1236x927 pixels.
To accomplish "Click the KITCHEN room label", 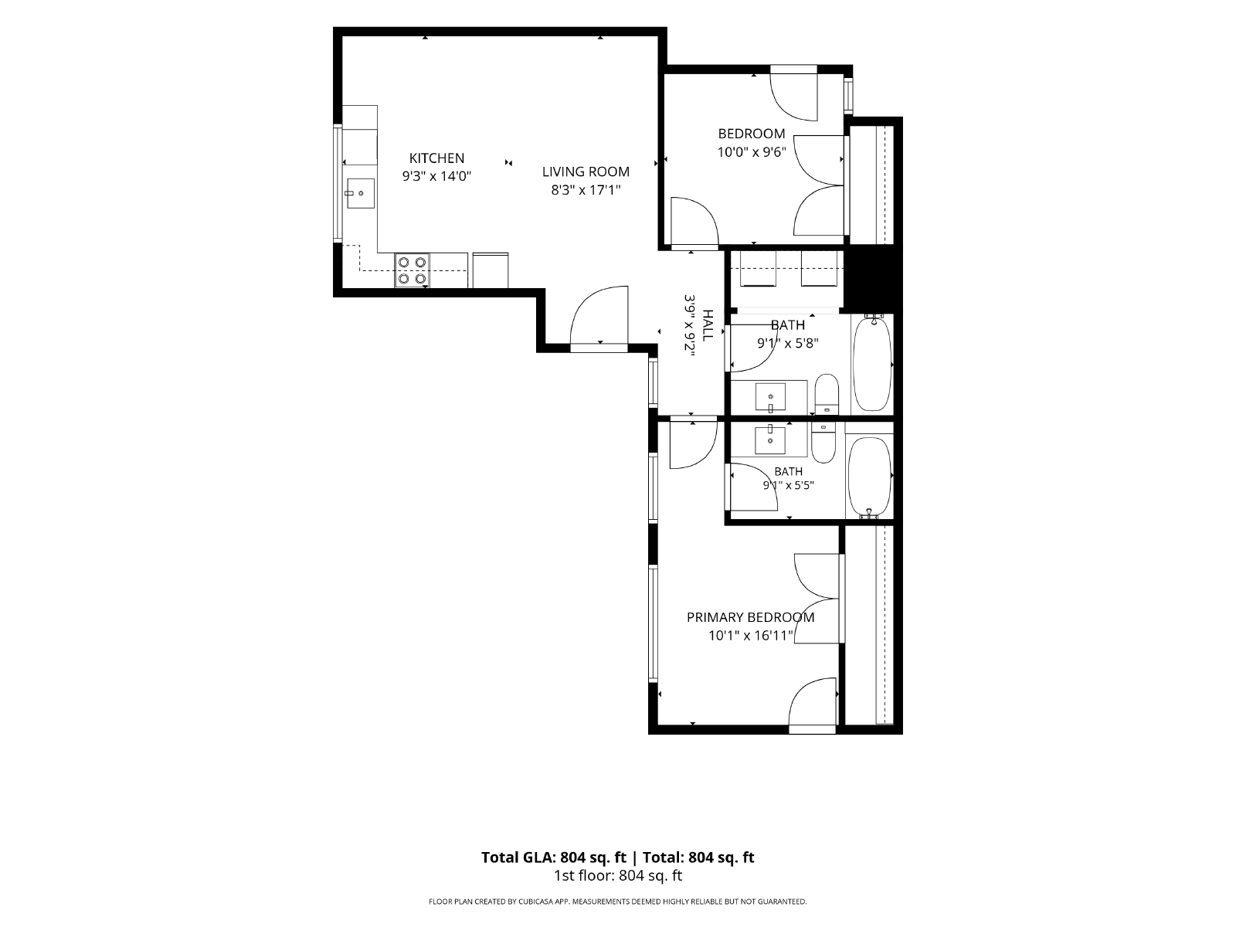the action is coord(436,158).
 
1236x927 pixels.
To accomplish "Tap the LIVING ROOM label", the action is coord(586,171).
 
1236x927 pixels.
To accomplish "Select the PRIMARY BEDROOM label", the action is coord(751,617).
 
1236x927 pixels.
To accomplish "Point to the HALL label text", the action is coord(708,325).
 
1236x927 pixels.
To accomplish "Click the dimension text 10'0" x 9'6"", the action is coord(751,152).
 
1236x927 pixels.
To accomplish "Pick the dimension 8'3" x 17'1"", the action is coord(586,190).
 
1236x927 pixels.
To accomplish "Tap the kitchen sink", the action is coord(360,193).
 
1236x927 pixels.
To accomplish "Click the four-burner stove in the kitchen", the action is coord(412,270).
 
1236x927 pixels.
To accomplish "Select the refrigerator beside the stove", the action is coord(491,270).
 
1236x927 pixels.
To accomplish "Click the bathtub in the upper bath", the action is coord(872,364).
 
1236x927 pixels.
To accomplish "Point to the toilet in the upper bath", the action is coord(827,394).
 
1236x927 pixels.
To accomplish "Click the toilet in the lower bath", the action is coord(823,443).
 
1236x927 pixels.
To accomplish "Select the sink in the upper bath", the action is coord(769,398).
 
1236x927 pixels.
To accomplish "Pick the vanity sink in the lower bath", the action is coord(769,440).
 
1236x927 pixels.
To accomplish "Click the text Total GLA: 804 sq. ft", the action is coord(554,857).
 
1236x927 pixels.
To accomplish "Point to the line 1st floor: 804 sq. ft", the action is coord(618,876).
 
